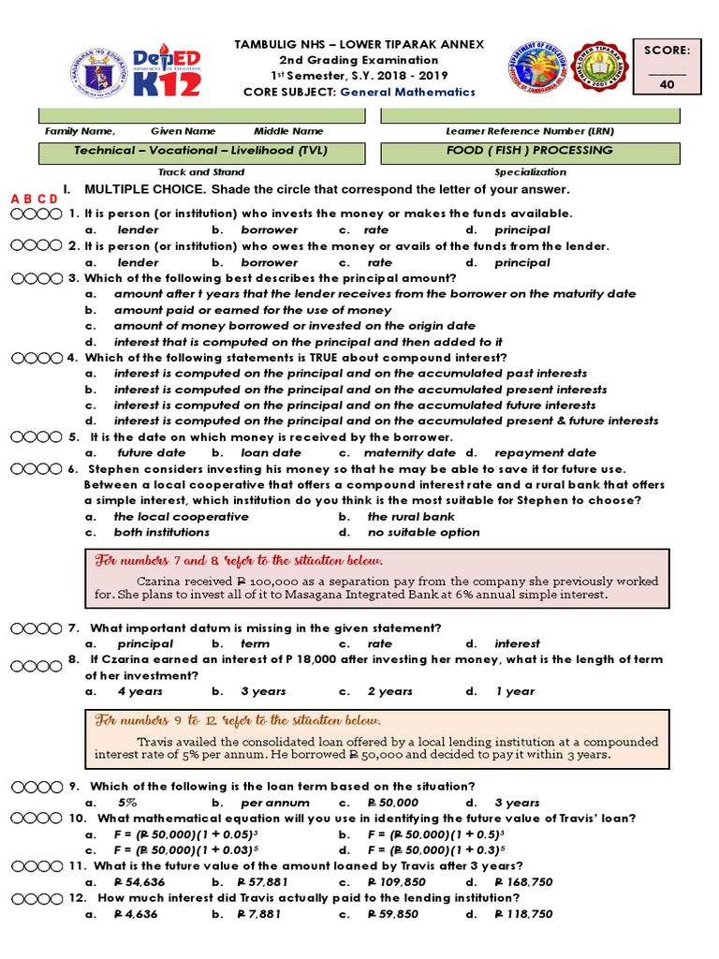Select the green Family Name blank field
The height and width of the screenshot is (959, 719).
(201, 115)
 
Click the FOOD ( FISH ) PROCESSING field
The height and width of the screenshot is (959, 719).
(529, 151)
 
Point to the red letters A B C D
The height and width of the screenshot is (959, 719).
(34, 199)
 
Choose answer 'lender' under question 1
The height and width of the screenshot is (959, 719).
(138, 229)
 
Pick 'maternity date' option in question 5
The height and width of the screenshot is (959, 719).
(396, 452)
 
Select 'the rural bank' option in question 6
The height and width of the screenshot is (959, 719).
(410, 516)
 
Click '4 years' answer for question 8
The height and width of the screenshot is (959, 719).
(139, 691)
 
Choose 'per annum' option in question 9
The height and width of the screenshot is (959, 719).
(269, 803)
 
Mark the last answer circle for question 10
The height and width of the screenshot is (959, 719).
(58, 819)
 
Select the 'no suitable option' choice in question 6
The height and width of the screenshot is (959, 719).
(423, 532)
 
